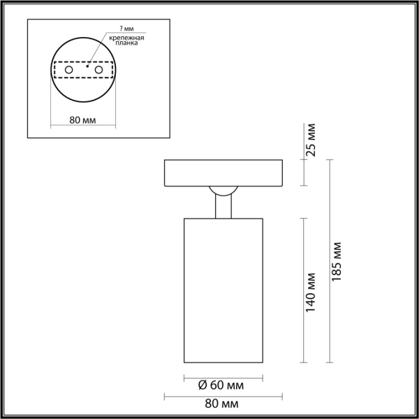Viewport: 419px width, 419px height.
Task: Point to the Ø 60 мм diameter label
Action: tap(221, 385)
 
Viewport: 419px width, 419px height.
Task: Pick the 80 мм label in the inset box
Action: tap(83, 120)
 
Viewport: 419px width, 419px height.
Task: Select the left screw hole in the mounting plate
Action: tap(68, 71)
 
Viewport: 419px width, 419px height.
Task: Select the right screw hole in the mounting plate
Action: tap(98, 71)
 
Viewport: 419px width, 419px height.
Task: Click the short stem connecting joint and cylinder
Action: tap(222, 208)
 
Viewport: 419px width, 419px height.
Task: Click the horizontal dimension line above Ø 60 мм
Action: tap(222, 377)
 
